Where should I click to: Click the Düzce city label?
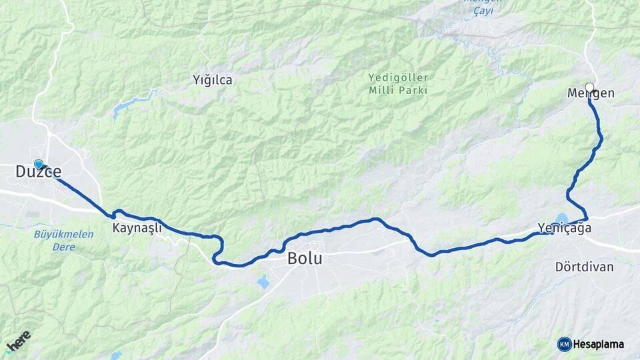pos(39,172)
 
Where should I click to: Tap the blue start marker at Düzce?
pos(39,163)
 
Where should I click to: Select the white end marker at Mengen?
pos(589,87)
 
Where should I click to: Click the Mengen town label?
pos(591,93)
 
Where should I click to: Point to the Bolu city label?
pos(305,258)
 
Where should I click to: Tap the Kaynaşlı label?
pos(137,228)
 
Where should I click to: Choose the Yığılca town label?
pos(213,80)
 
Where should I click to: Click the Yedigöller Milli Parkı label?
pos(398,84)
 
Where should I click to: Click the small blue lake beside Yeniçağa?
pos(562,218)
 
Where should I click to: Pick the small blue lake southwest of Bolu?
pos(263,282)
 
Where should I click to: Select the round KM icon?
pos(564,344)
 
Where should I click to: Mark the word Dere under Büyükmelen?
pos(64,247)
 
